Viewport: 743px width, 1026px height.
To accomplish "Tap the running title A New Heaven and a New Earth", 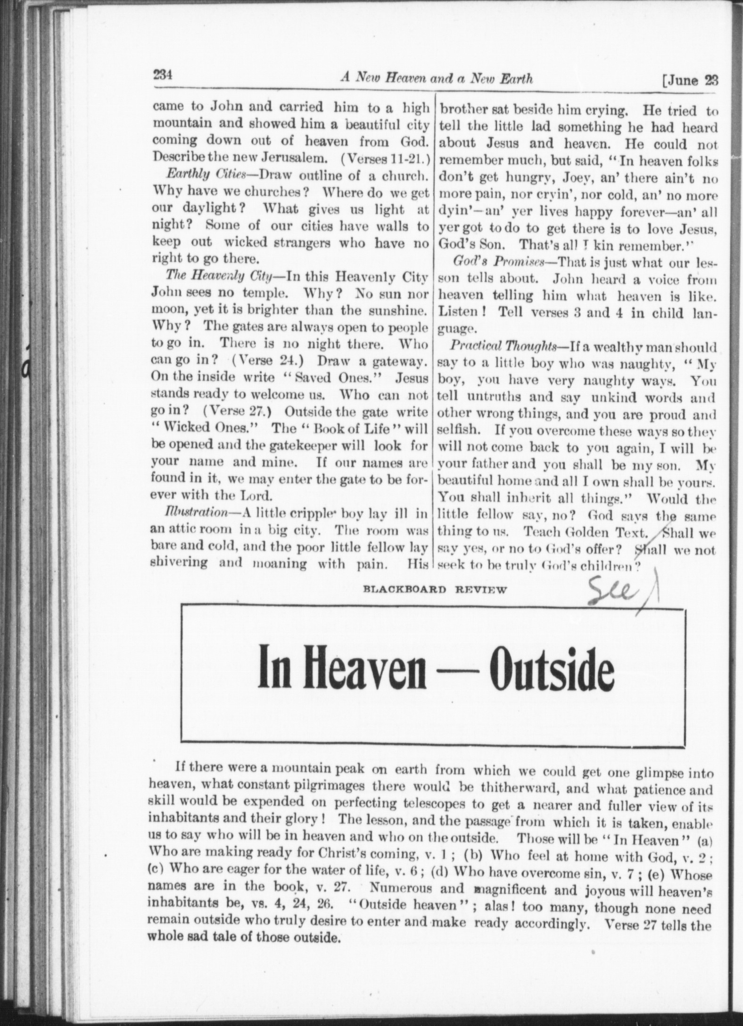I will [436, 78].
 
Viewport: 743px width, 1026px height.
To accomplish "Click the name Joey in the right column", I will [515, 179].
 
